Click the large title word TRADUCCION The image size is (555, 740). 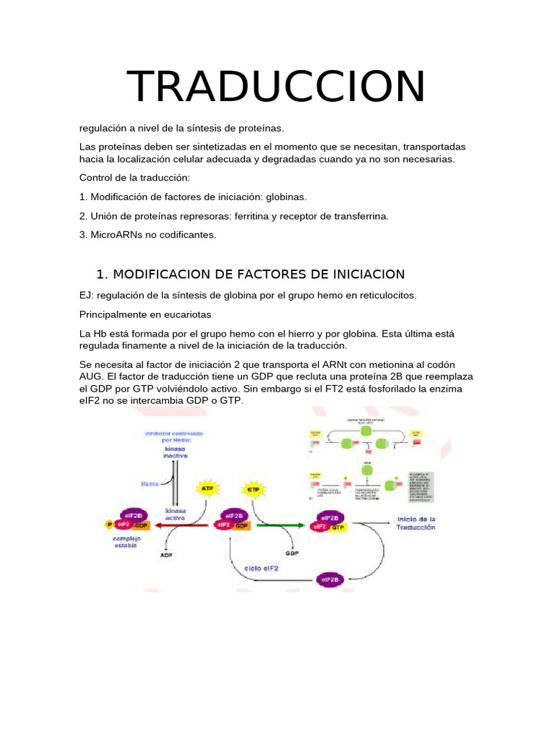[277, 87]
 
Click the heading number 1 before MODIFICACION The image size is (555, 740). [101, 275]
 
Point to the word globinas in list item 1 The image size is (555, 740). [286, 197]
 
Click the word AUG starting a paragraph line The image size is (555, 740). [89, 377]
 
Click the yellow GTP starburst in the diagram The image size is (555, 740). [254, 489]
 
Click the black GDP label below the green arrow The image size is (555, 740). [292, 553]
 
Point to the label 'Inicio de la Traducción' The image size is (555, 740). [416, 523]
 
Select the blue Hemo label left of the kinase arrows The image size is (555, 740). [150, 484]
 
